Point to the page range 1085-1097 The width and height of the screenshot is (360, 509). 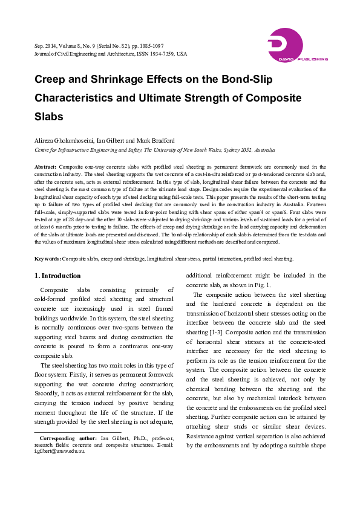[x=151, y=45]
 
